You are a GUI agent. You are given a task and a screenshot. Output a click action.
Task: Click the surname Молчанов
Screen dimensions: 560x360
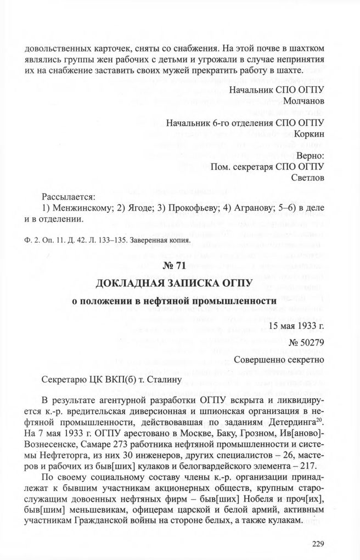point(303,102)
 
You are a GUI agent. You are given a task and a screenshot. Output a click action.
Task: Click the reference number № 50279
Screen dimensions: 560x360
point(306,343)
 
